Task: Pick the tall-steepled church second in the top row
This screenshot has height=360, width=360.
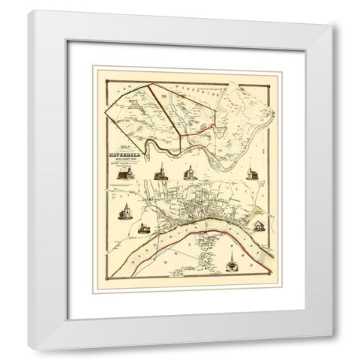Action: point(159,174)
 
